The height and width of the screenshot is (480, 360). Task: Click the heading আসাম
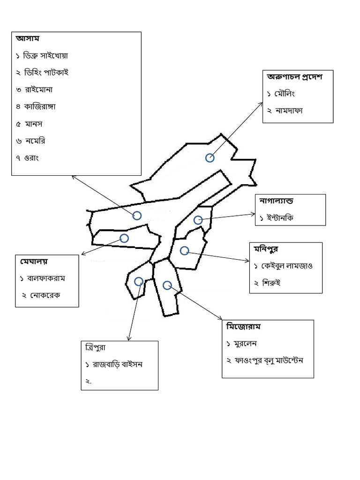[28, 38]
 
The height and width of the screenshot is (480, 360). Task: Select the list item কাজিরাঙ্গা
[40, 106]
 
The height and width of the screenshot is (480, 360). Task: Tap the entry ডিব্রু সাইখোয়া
[45, 56]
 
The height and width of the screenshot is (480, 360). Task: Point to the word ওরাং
[31, 158]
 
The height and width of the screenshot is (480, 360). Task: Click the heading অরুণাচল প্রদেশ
[294, 77]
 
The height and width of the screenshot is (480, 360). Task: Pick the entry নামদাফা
[289, 111]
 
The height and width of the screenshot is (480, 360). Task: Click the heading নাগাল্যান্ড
[276, 201]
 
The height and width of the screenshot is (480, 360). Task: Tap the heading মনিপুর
[266, 249]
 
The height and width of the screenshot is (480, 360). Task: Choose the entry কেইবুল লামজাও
[286, 266]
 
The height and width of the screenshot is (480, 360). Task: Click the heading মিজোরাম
[243, 326]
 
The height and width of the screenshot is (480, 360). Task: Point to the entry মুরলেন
[245, 344]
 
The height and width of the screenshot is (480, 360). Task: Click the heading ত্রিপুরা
[95, 347]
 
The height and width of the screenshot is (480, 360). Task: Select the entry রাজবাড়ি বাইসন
[118, 364]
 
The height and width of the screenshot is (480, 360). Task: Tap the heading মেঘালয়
[34, 262]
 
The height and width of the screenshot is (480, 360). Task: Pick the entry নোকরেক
[45, 295]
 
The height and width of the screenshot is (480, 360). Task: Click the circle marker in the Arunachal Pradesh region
[210, 158]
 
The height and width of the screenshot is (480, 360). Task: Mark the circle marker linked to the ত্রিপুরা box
[139, 281]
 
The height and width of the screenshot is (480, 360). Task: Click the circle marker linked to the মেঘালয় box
[124, 238]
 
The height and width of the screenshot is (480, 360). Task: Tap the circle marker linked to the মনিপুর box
[184, 251]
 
